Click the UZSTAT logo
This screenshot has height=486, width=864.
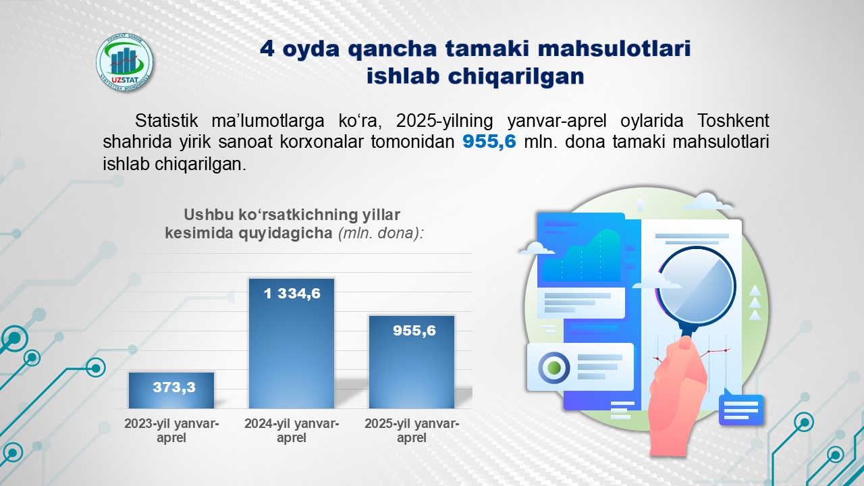(124, 63)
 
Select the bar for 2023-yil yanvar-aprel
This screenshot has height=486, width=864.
(171, 390)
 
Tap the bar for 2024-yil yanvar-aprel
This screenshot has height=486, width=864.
(292, 344)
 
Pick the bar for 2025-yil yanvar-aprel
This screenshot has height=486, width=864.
(412, 362)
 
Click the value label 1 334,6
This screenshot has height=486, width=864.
(292, 294)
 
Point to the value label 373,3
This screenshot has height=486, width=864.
(174, 387)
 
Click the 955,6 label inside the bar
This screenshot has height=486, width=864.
(414, 331)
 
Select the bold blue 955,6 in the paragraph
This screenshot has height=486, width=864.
(489, 141)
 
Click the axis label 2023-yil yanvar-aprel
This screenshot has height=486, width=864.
(171, 431)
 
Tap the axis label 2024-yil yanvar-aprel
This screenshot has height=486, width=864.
(292, 431)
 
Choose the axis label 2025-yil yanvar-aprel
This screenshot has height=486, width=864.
(412, 431)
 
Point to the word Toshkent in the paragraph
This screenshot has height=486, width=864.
(733, 121)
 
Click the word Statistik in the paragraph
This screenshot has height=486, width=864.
(166, 121)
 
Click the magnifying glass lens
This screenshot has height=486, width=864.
(696, 288)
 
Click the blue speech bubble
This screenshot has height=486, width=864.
(741, 408)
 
